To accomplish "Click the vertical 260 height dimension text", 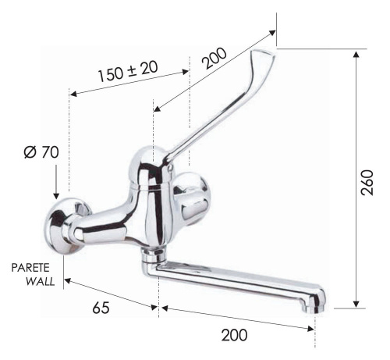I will point(370,181).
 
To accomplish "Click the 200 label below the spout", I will point(233,335).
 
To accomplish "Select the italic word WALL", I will point(39,280).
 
